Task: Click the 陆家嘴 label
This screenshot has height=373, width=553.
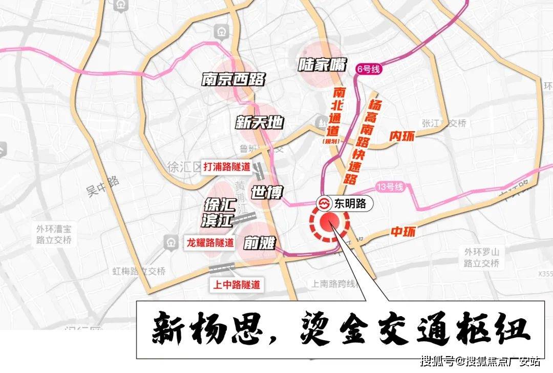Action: click(x=323, y=65)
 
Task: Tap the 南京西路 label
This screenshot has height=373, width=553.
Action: click(x=233, y=79)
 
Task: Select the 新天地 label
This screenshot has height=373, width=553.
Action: click(x=260, y=122)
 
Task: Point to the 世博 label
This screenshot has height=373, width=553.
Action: click(x=267, y=192)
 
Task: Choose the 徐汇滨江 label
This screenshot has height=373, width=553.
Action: click(x=219, y=213)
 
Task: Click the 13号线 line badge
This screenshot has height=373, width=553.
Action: click(x=390, y=187)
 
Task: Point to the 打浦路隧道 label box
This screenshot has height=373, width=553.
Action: click(x=227, y=167)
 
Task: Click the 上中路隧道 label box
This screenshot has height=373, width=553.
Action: click(x=236, y=284)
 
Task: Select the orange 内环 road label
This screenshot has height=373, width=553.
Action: click(x=402, y=136)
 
